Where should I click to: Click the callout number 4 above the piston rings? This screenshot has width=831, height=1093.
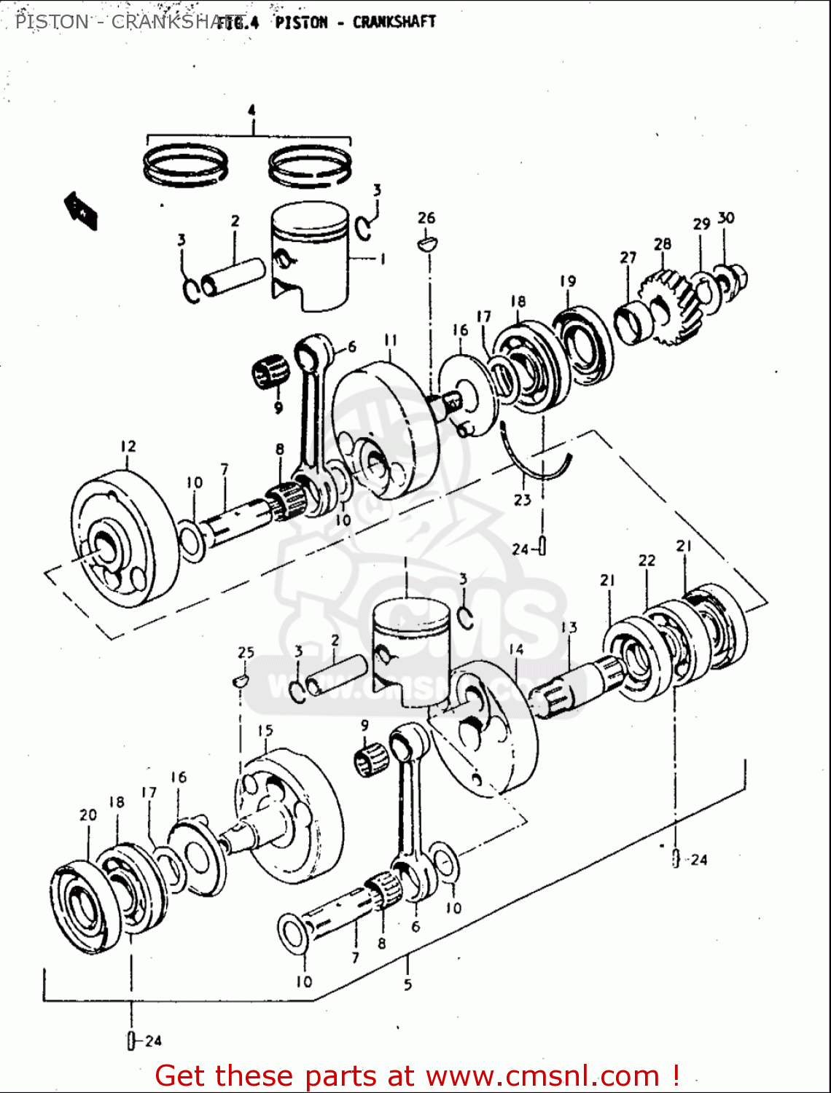[x=251, y=111]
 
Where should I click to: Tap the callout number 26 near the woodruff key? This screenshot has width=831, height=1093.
[x=426, y=218]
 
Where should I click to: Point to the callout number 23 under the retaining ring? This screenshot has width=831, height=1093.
[x=523, y=500]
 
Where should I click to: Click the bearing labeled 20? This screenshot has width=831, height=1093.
[x=80, y=907]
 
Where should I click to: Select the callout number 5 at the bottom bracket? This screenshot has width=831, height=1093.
[x=407, y=984]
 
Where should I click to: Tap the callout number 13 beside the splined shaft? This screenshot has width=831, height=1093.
[x=569, y=627]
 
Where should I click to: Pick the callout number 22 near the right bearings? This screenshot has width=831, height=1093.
[x=647, y=560]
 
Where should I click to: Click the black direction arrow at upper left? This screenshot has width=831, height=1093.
[x=81, y=211]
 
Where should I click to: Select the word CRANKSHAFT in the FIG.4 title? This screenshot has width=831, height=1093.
[x=394, y=22]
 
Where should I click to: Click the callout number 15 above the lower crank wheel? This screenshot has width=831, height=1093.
[x=265, y=730]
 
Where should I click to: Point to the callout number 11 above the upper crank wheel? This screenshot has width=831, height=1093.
[x=391, y=340]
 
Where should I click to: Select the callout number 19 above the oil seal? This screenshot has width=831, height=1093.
[x=568, y=281]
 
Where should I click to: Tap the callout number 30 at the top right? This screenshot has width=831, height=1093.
[x=726, y=218]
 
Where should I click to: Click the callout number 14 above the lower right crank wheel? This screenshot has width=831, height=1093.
[x=516, y=649]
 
